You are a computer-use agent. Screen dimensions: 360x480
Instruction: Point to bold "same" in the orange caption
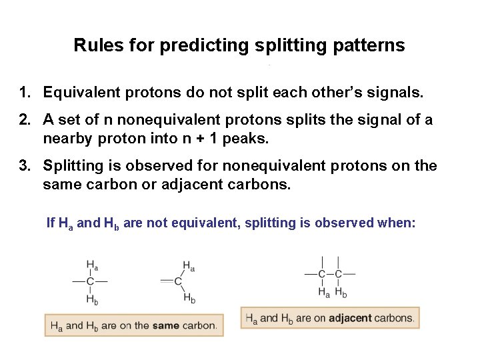[x=165, y=325]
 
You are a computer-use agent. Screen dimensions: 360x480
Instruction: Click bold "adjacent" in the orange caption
[x=349, y=318]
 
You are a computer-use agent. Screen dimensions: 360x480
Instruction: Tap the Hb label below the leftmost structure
[x=93, y=299]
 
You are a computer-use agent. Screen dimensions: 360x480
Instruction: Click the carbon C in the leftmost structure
[x=90, y=282]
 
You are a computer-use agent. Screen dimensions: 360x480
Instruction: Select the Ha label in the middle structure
[x=189, y=266]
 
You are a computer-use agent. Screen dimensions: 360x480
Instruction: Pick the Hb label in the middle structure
[x=189, y=299]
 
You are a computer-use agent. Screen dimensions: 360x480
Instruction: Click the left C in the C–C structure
[x=322, y=274]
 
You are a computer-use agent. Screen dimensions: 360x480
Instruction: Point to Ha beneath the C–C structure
[x=325, y=291]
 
